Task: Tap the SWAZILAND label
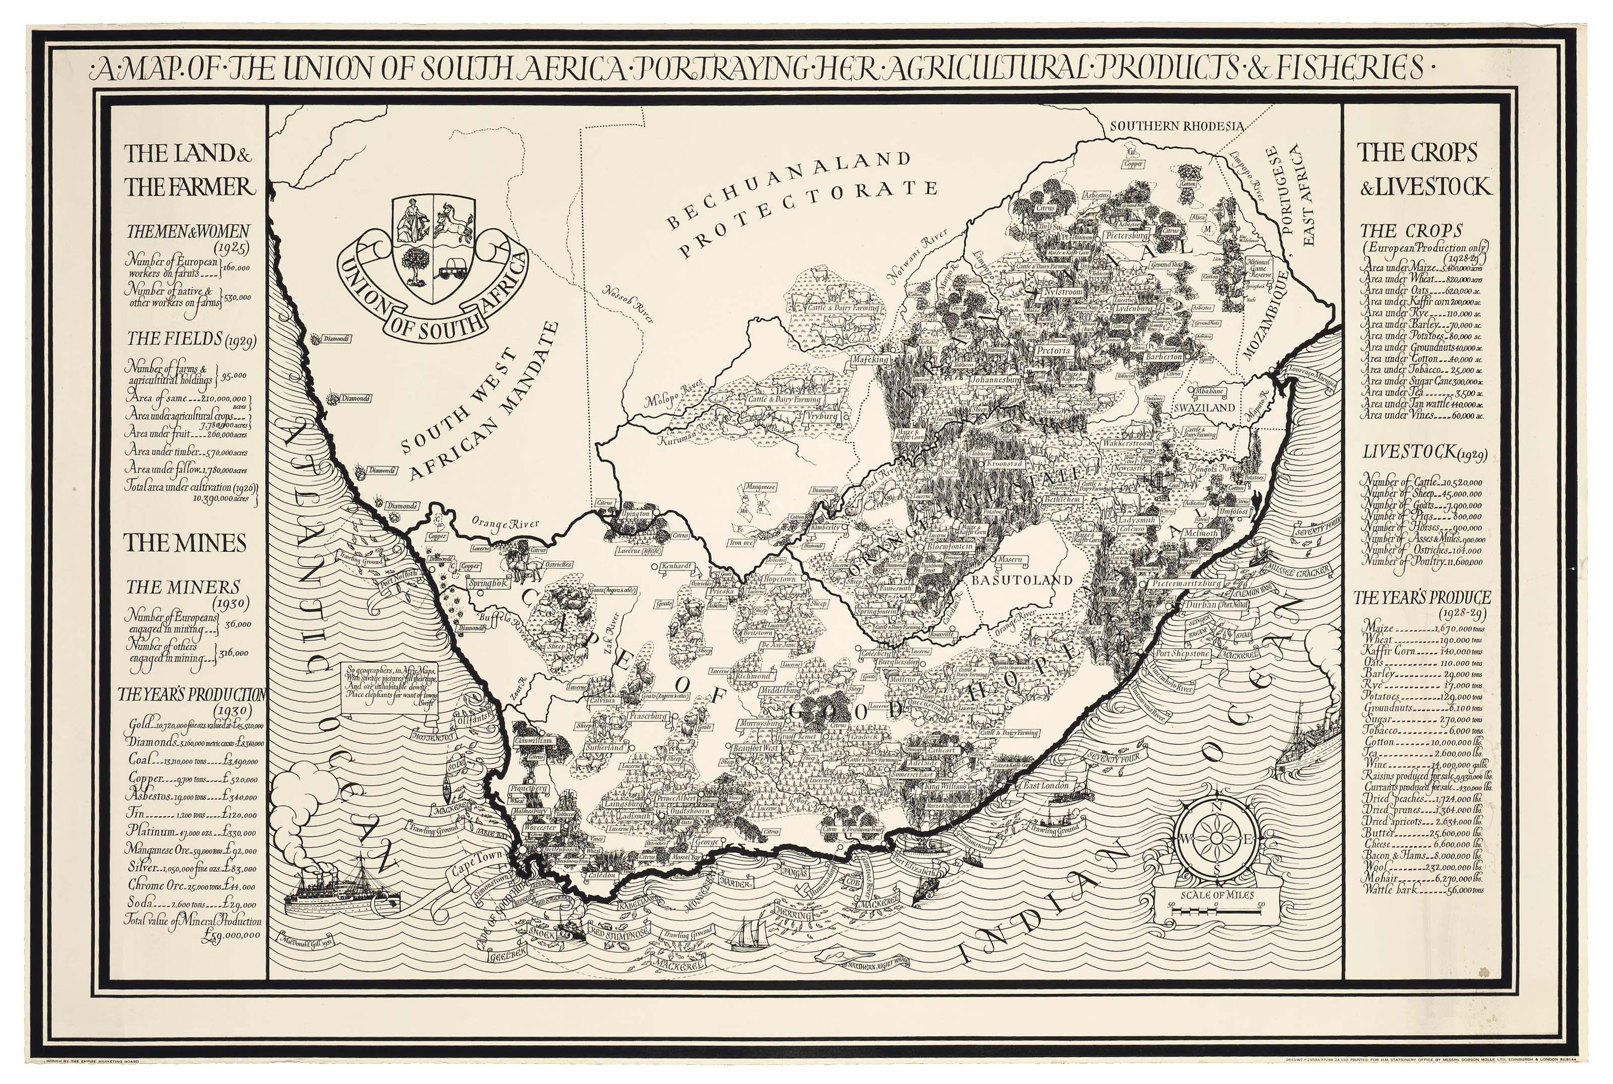click(x=1204, y=408)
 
